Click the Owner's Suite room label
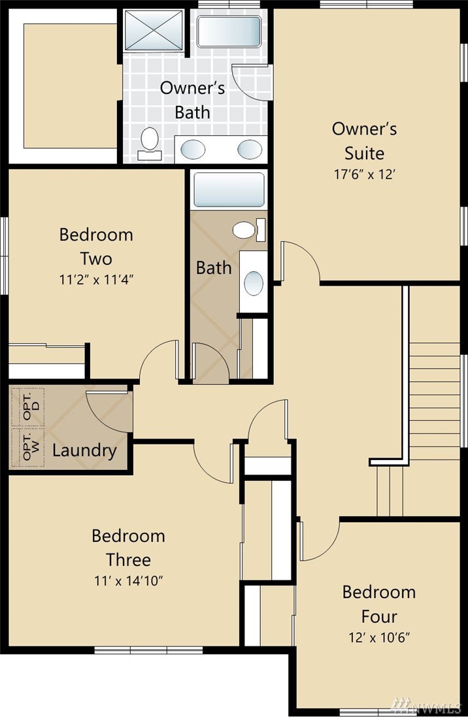click(364, 141)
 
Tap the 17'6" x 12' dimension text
click(364, 175)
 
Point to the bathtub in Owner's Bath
click(229, 31)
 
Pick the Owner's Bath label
click(192, 100)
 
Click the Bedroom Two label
click(96, 246)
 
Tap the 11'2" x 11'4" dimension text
click(96, 279)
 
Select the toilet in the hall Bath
click(249, 229)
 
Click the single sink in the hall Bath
click(254, 283)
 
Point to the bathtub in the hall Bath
click(229, 190)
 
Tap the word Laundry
click(84, 450)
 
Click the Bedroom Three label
click(128, 547)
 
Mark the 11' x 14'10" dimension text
click(129, 581)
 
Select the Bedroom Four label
click(379, 604)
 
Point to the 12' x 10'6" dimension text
click(379, 637)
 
